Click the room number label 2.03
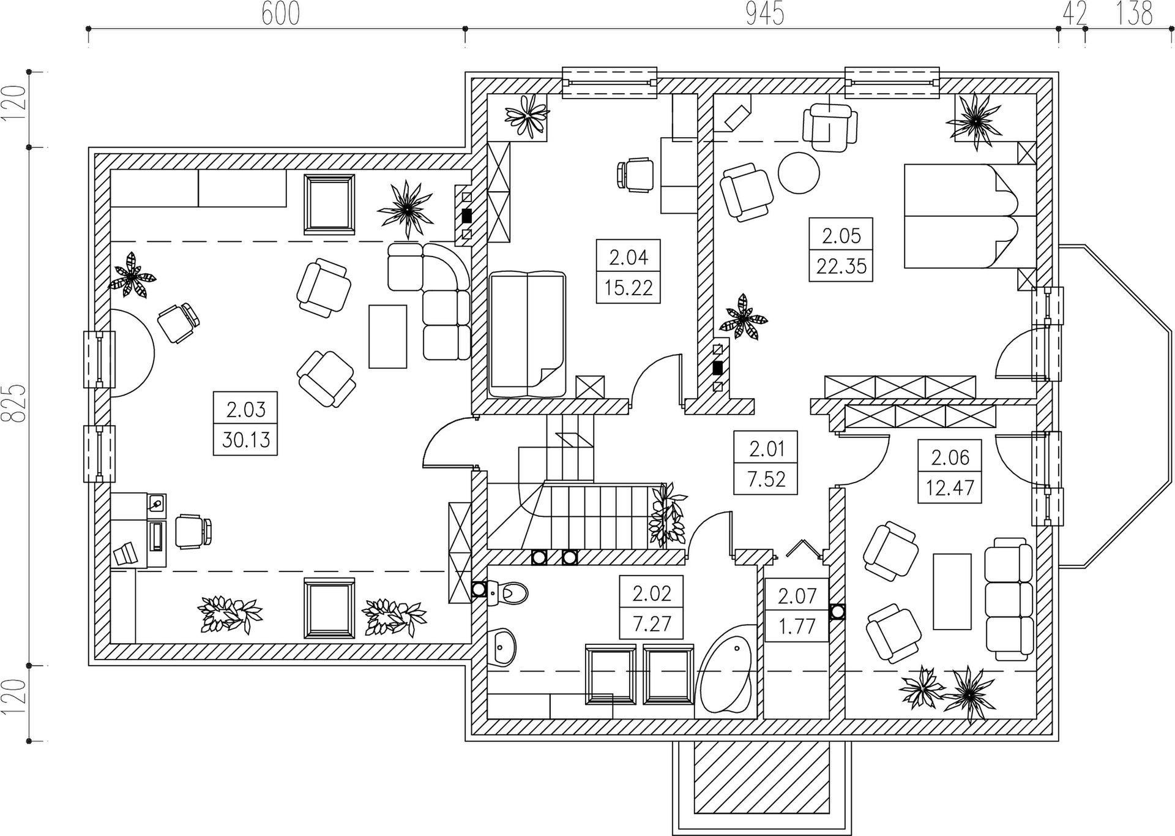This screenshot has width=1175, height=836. click(x=245, y=409)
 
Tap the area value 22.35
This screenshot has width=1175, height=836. click(x=841, y=266)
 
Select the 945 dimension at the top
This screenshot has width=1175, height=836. click(x=765, y=14)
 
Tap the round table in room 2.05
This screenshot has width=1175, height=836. click(x=798, y=173)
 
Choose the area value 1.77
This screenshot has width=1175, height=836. click(x=797, y=627)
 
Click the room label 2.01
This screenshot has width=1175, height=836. click(x=766, y=449)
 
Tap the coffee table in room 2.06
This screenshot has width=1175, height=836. click(x=952, y=591)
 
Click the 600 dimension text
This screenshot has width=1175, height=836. click(x=281, y=14)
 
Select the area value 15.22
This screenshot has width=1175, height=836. click(x=629, y=287)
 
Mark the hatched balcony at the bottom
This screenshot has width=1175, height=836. click(x=762, y=786)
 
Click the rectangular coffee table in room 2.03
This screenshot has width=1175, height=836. click(x=387, y=336)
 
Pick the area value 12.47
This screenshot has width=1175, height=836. click(x=949, y=488)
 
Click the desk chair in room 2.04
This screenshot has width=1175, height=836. click(x=635, y=173)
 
